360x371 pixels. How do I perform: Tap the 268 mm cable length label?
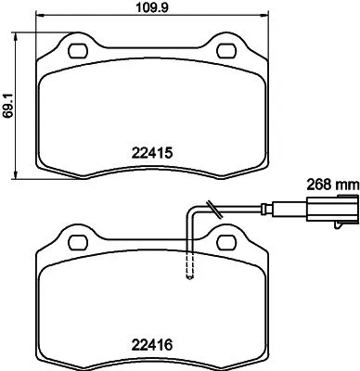click(332, 184)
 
